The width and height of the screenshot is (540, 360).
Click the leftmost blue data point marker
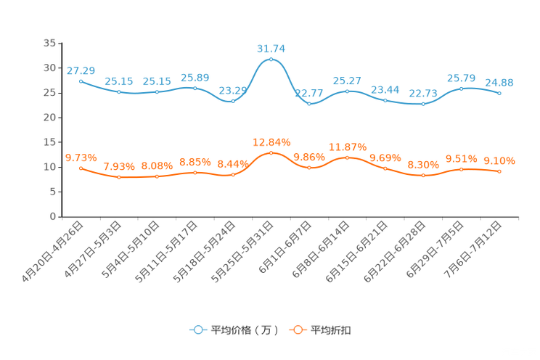(x=81, y=80)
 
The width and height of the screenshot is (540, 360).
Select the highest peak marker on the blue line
(x=271, y=59)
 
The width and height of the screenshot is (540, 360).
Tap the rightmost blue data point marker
(x=500, y=94)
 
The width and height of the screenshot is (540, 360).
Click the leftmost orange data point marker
(x=81, y=168)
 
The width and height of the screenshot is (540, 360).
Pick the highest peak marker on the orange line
(x=271, y=152)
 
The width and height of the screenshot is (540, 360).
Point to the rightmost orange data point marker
(x=500, y=171)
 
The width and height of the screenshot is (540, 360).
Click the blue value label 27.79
(x=81, y=70)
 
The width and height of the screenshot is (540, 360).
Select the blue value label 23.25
(x=232, y=91)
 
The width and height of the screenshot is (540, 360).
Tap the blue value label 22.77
(x=308, y=94)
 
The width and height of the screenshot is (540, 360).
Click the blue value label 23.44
(x=385, y=89)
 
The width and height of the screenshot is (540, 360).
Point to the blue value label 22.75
(x=423, y=94)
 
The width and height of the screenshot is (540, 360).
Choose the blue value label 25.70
(x=461, y=78)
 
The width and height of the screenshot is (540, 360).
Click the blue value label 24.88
(x=499, y=83)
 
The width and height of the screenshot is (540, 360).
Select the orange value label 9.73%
(x=81, y=157)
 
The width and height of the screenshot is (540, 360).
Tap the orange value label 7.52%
(x=118, y=166)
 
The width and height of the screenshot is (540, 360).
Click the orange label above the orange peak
(x=271, y=142)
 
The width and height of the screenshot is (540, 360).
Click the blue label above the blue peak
(x=271, y=49)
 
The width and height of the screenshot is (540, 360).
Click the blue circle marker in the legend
(x=197, y=330)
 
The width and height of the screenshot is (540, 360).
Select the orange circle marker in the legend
(x=296, y=330)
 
